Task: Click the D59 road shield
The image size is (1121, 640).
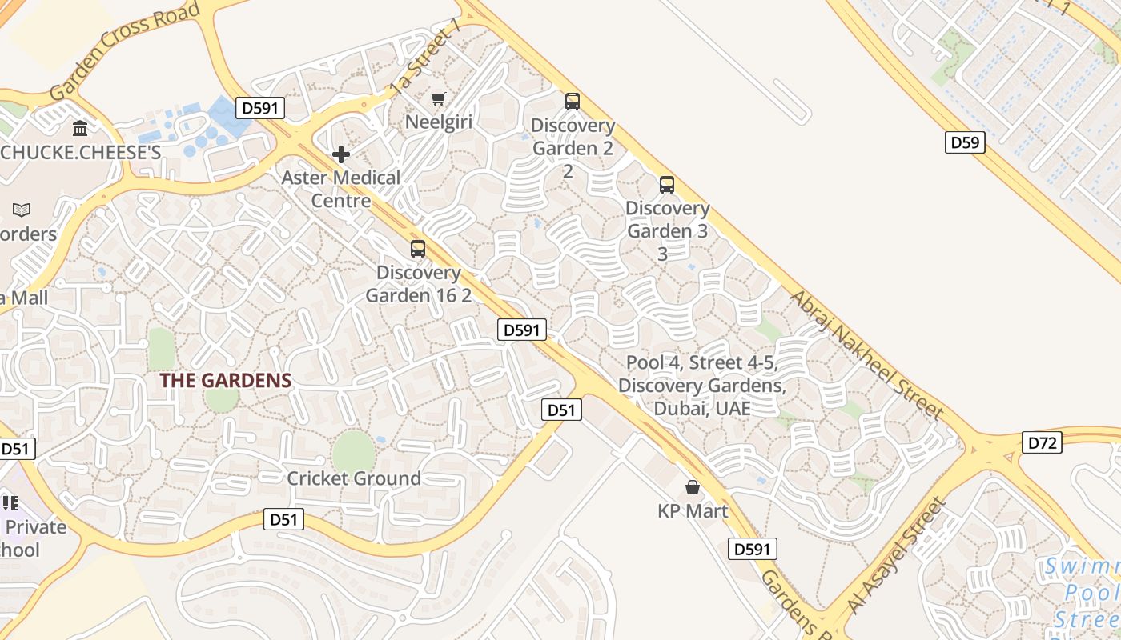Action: click(x=965, y=143)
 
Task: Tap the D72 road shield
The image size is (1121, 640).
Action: click(x=1043, y=442)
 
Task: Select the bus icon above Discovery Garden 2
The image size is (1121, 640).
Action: click(x=573, y=102)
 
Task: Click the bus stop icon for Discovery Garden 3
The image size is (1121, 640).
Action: click(x=667, y=185)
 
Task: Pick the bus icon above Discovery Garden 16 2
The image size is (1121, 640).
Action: click(x=418, y=249)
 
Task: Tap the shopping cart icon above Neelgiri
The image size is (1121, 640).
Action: click(x=438, y=99)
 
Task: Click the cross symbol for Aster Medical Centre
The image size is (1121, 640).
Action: click(x=341, y=154)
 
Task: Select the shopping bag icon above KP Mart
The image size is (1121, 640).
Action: click(x=693, y=487)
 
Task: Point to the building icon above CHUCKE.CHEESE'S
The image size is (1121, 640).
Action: click(x=80, y=128)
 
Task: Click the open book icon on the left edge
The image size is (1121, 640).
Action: click(x=22, y=210)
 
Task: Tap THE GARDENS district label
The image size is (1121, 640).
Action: click(x=226, y=380)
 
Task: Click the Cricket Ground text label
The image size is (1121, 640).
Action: click(x=354, y=478)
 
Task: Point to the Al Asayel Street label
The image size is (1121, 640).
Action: click(x=896, y=557)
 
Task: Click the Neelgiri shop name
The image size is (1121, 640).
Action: click(x=439, y=122)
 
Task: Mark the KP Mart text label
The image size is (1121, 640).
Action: click(x=693, y=510)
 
